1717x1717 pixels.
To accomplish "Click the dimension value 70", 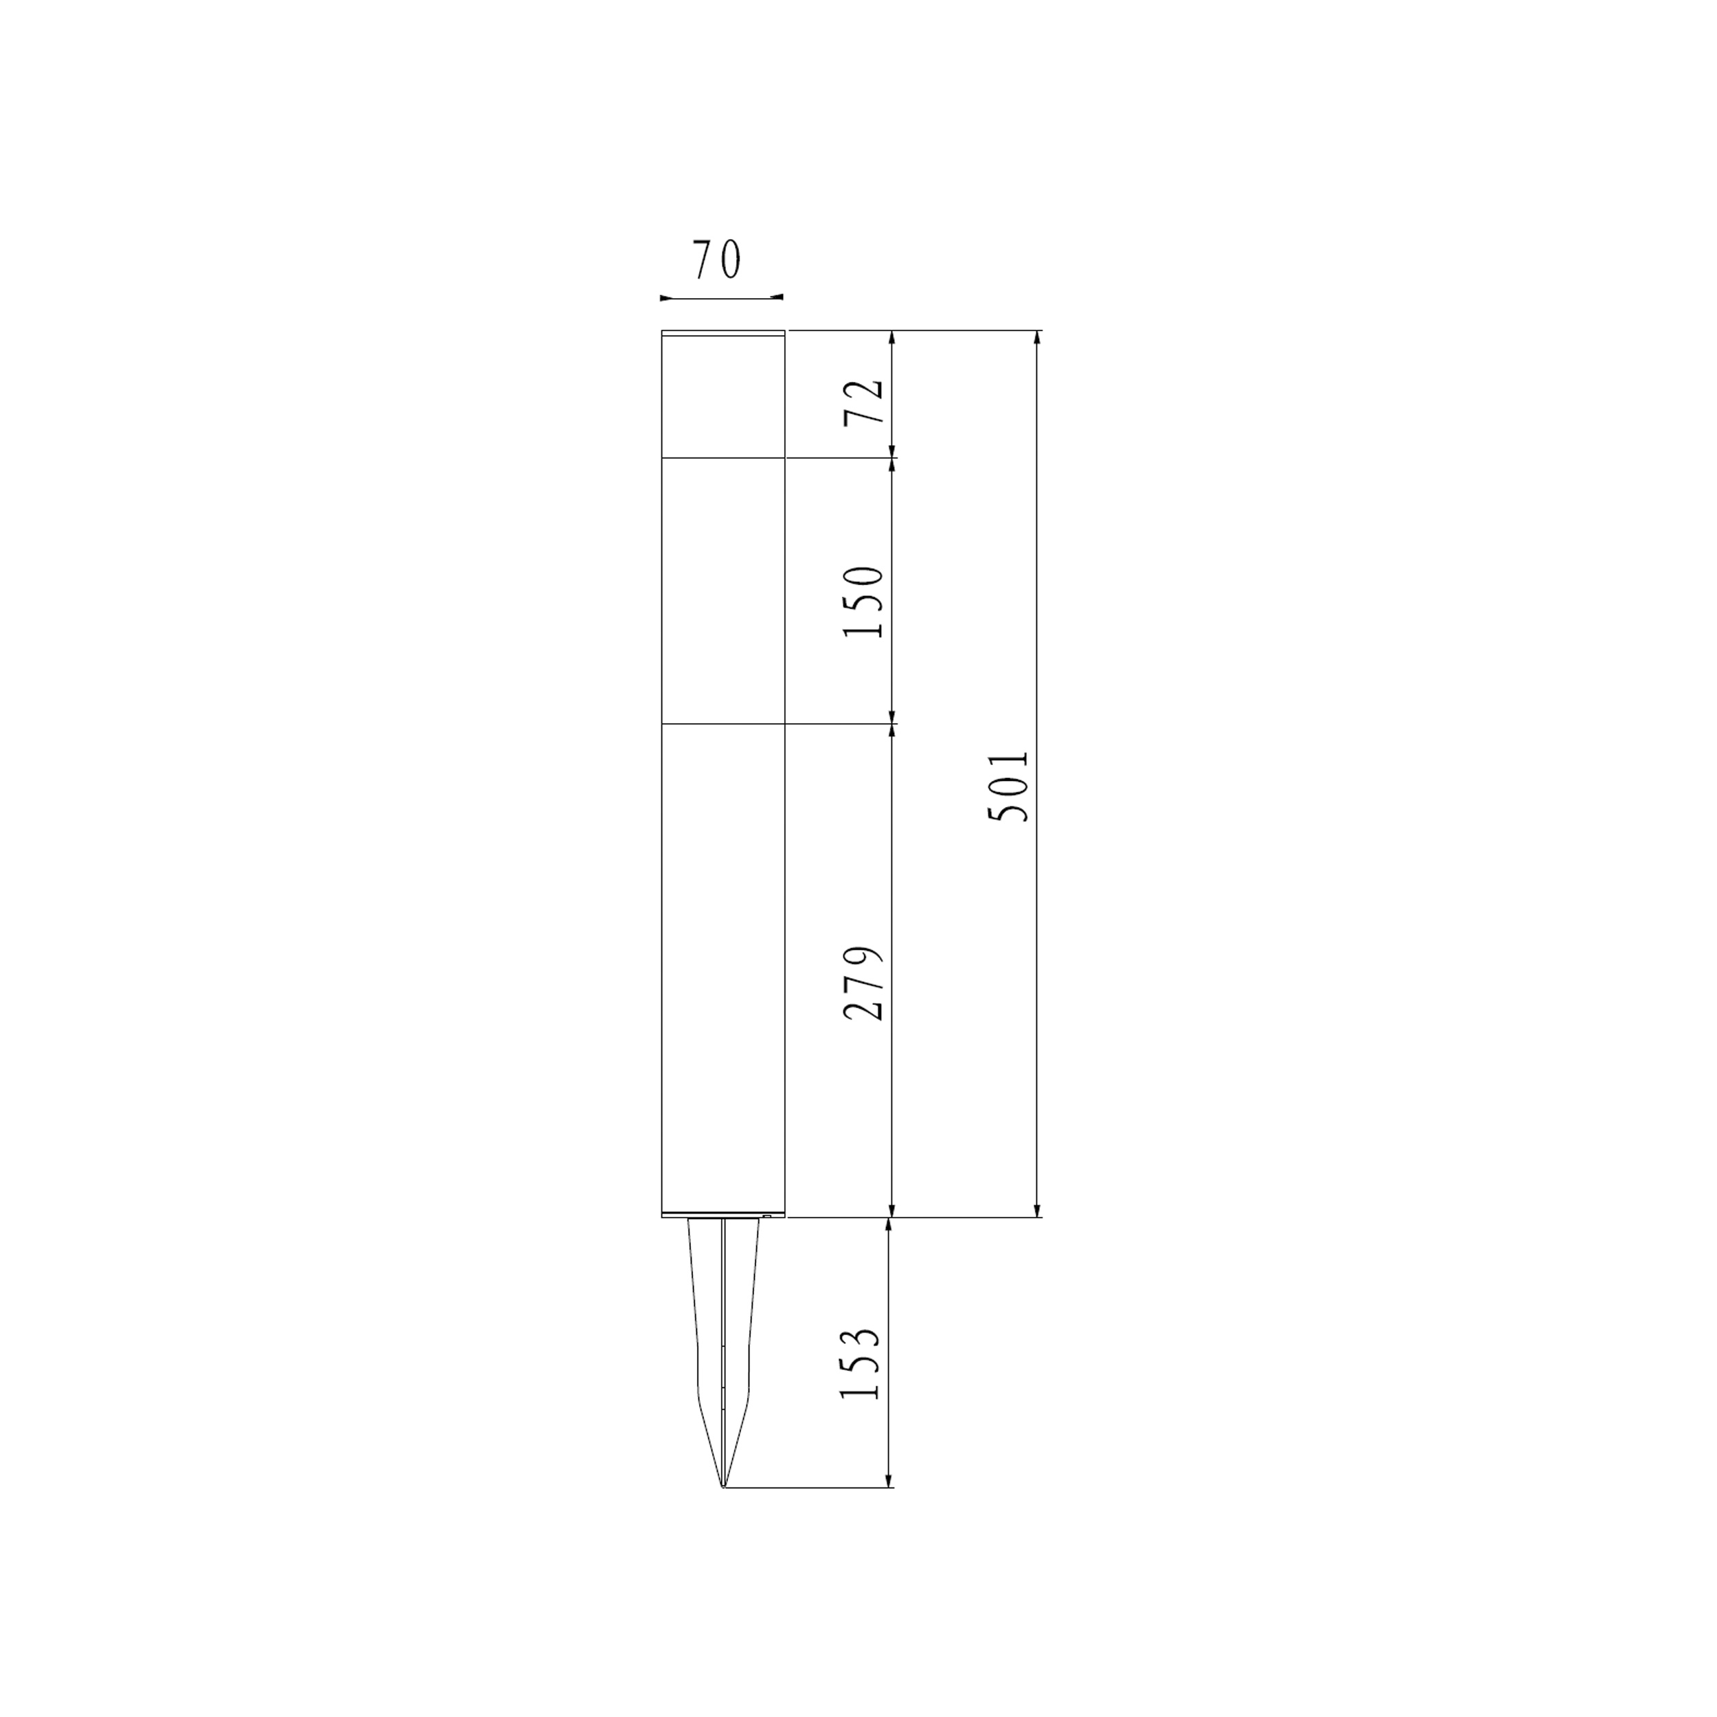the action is click(716, 260).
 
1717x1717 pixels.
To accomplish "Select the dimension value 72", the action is click(865, 401).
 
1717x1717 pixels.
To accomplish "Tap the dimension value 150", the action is click(865, 601).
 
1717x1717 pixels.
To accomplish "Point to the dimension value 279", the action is click(865, 982).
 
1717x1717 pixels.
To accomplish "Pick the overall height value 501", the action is click(1009, 786).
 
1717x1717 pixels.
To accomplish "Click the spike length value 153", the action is click(861, 1376).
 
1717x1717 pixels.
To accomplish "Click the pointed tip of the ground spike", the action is click(723, 1487).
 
